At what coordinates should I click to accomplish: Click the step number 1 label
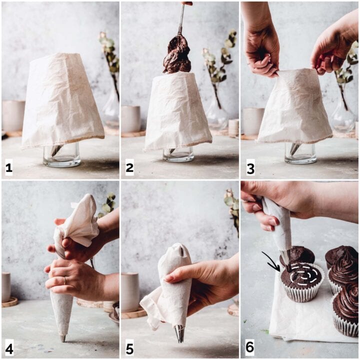[8, 168]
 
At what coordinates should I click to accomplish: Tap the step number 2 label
[129, 168]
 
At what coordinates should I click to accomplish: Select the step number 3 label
[250, 168]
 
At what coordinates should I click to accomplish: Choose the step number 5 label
[129, 348]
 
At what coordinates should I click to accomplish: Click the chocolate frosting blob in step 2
[177, 54]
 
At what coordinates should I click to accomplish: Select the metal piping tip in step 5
[179, 333]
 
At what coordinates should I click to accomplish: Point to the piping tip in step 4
[62, 338]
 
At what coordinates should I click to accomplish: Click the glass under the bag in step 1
[61, 155]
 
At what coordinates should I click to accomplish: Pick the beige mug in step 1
[13, 115]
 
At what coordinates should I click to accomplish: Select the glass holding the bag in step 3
[300, 153]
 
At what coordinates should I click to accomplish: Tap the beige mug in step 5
[130, 291]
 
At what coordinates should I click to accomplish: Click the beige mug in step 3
[253, 121]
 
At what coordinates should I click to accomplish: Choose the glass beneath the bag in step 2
[178, 154]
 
